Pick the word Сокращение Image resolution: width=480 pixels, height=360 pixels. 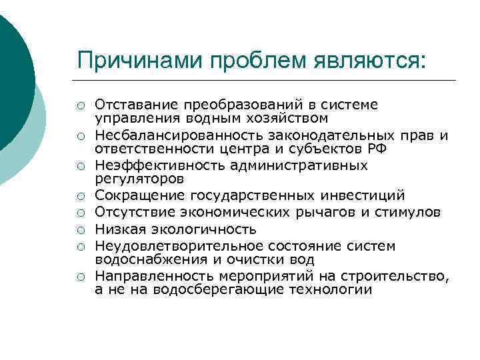[x=141, y=195]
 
